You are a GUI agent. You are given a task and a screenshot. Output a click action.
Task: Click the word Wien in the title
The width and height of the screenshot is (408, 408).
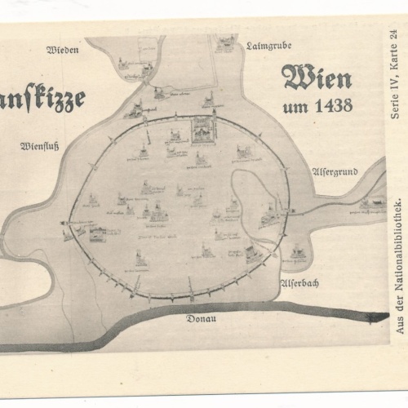coord(317,78)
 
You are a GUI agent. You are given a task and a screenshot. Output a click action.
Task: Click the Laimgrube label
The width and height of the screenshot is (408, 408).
coord(268,46)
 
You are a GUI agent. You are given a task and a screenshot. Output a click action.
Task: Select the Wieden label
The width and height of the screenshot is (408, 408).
coord(63,50)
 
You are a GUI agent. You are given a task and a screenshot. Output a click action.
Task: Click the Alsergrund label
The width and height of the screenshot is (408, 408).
coord(335,172)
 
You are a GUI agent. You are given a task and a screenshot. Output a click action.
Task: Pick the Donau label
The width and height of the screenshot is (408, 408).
coord(201,318)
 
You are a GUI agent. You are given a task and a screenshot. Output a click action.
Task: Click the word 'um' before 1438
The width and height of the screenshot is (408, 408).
coord(294,106)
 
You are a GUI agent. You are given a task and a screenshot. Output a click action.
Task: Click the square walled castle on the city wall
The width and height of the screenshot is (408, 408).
coord(202,128)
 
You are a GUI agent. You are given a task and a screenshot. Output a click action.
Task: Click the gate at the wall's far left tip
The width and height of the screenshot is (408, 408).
coord(65,223)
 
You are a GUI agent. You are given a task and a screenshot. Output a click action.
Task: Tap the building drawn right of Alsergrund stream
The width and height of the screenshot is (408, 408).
coord(374,202)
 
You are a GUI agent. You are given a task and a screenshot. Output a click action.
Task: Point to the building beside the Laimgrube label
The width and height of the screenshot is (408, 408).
coord(224,42)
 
